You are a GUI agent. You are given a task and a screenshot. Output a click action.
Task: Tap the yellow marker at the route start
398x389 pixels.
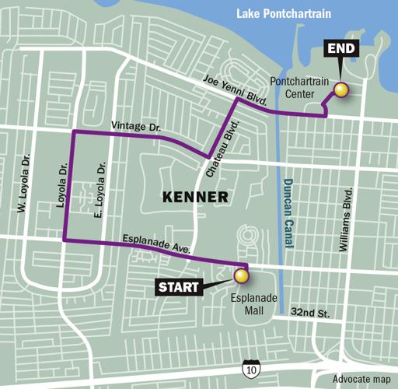pyautogui.click(x=241, y=275)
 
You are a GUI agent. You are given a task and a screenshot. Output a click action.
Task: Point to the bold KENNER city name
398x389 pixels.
pyautogui.click(x=196, y=197)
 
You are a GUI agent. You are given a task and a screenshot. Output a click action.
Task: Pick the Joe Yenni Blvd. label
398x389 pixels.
pyautogui.click(x=233, y=90)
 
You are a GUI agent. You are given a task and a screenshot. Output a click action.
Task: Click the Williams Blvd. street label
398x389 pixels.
pyautogui.click(x=347, y=219)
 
